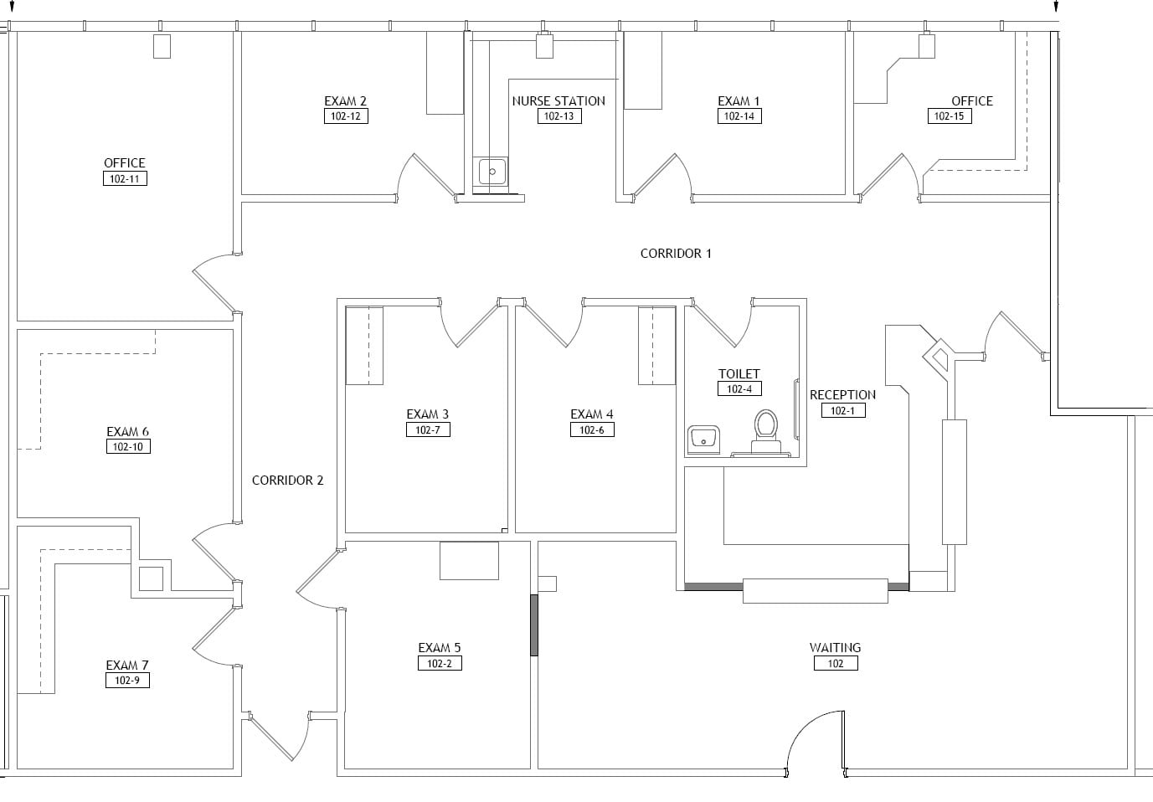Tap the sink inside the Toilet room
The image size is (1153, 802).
pyautogui.click(x=703, y=439)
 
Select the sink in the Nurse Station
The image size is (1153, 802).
pyautogui.click(x=492, y=172)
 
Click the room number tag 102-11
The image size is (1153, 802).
pyautogui.click(x=125, y=178)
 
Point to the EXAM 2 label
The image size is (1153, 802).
pyautogui.click(x=345, y=100)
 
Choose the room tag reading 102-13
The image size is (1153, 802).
pyautogui.click(x=558, y=116)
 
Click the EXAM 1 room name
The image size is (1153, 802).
pyautogui.click(x=739, y=100)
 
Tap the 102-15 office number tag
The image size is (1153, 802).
pyautogui.click(x=949, y=116)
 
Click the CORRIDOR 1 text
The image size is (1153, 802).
pyautogui.click(x=675, y=253)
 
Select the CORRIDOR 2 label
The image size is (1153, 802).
pyautogui.click(x=287, y=480)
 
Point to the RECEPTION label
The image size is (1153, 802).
pyautogui.click(x=842, y=394)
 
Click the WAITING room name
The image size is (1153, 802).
pyautogui.click(x=835, y=647)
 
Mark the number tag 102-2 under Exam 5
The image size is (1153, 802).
pyautogui.click(x=440, y=663)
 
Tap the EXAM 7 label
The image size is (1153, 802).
pyautogui.click(x=127, y=665)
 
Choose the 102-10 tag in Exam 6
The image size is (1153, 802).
pyautogui.click(x=128, y=447)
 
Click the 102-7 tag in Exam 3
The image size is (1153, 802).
pyautogui.click(x=428, y=429)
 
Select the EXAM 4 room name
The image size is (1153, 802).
pyautogui.click(x=591, y=414)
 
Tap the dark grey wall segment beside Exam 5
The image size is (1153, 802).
pyautogui.click(x=534, y=625)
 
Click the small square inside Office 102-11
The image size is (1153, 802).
pyautogui.click(x=162, y=46)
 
